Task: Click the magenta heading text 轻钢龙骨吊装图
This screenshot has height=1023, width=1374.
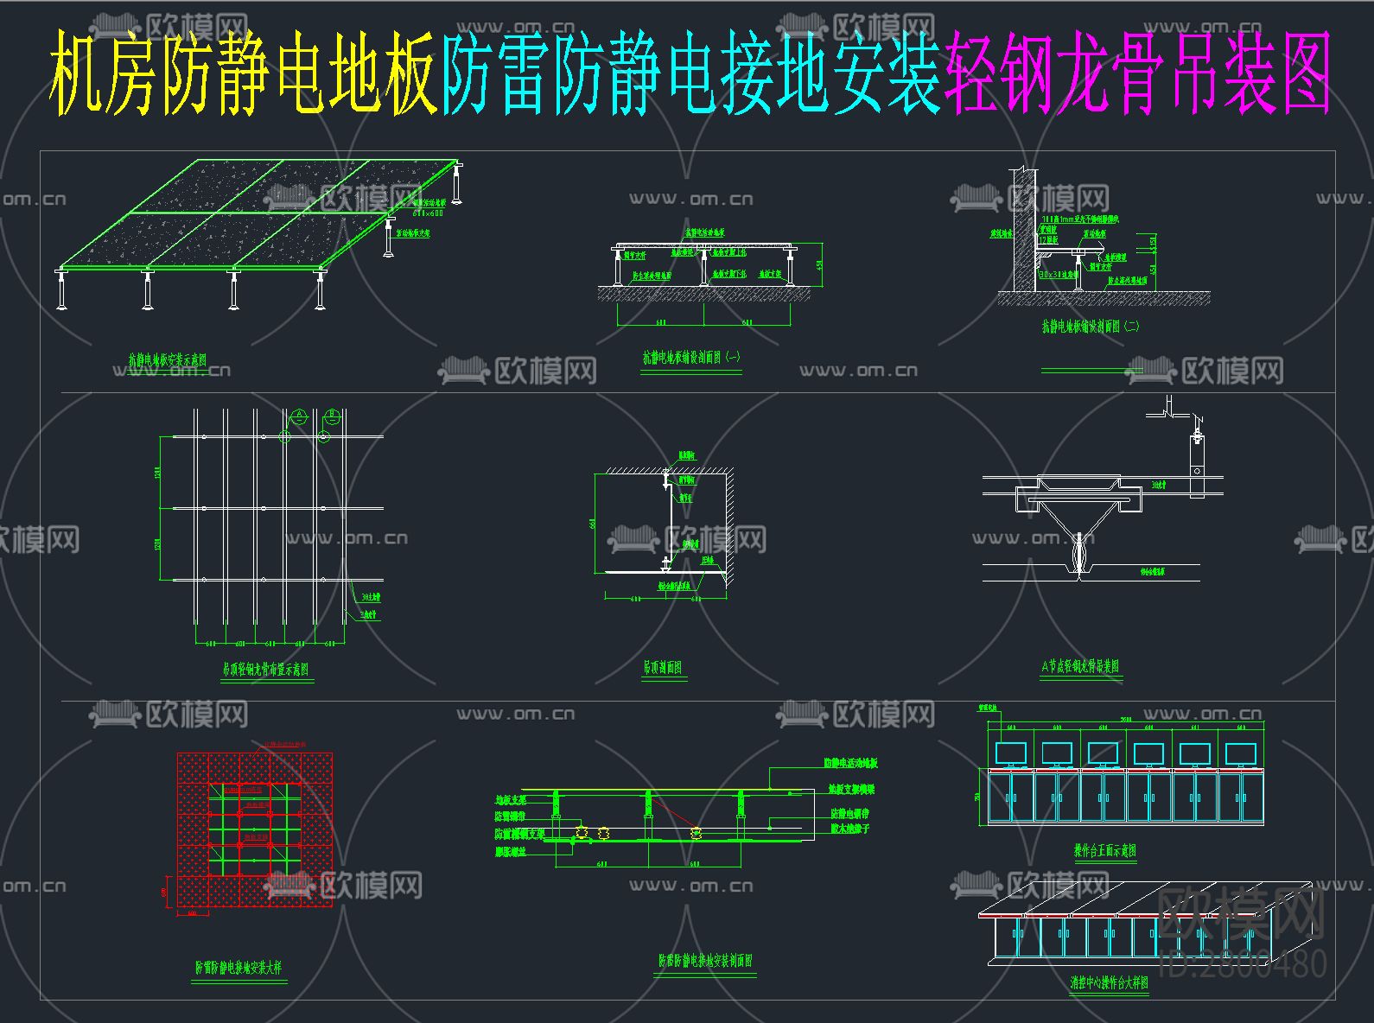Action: (x=1137, y=74)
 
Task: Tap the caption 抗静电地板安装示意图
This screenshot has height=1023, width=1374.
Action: (x=168, y=360)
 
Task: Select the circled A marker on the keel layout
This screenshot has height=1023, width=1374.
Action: (x=299, y=416)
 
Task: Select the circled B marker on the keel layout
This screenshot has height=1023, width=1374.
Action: (x=332, y=416)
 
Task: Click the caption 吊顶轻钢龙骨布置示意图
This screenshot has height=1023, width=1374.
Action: (x=265, y=669)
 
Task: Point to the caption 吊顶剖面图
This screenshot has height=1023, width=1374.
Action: (x=663, y=667)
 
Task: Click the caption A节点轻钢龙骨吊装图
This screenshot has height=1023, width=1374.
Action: (x=1080, y=666)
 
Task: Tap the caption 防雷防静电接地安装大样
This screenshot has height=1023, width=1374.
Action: (x=239, y=968)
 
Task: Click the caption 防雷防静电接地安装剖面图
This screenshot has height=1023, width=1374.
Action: (x=705, y=961)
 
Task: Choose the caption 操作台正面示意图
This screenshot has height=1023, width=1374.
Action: (x=1105, y=851)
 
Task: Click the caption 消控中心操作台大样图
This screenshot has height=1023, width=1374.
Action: (x=1109, y=983)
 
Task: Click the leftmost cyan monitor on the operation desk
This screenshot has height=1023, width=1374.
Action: (x=1010, y=753)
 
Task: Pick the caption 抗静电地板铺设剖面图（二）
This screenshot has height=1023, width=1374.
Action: (x=1091, y=327)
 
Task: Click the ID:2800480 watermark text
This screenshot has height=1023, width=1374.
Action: (x=1241, y=963)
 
